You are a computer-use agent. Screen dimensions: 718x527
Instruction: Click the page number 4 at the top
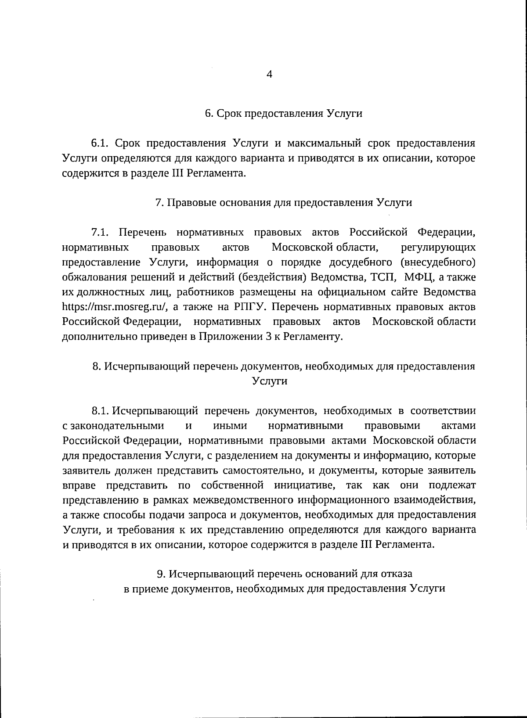(270, 74)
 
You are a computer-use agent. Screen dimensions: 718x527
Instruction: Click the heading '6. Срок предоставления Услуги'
(284, 113)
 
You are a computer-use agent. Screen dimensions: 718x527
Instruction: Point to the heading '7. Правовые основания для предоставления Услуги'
(284, 203)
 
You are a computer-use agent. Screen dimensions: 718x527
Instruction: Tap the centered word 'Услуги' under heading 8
(270, 381)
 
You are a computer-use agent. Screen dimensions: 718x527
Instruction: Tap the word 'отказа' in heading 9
(397, 574)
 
